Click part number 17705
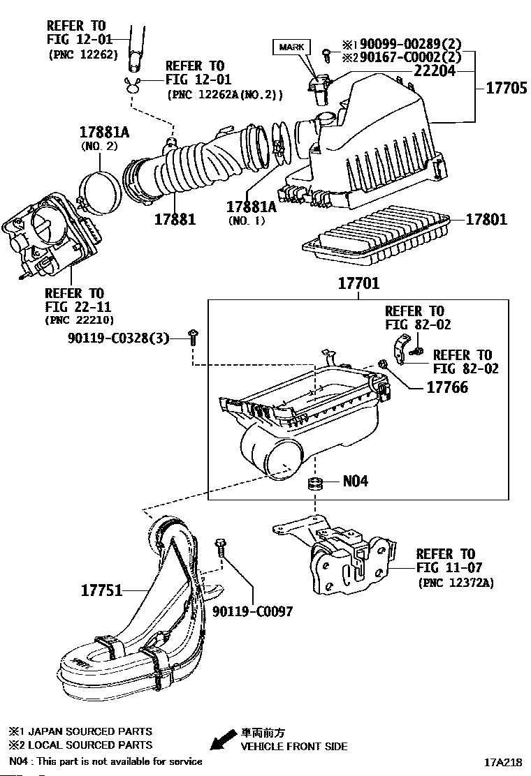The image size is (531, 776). click(x=507, y=88)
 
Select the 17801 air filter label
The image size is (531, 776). click(x=486, y=219)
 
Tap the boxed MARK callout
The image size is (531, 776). click(x=291, y=47)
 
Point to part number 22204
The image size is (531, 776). click(x=435, y=71)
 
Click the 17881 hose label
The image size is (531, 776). click(x=175, y=219)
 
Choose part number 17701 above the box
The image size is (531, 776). click(x=358, y=283)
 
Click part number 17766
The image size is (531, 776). click(x=447, y=387)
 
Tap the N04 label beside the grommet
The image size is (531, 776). click(x=355, y=481)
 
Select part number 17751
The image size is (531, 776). click(x=101, y=590)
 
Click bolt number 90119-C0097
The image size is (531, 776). click(x=253, y=612)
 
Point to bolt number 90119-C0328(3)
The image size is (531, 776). click(x=118, y=338)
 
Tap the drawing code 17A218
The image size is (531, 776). click(x=503, y=763)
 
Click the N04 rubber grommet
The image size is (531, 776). click(x=314, y=483)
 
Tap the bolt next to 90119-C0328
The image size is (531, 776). click(x=193, y=338)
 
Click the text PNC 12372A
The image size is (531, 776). click(x=456, y=583)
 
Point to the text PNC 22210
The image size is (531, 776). click(x=79, y=320)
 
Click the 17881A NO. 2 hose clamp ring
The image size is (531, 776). click(x=101, y=193)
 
